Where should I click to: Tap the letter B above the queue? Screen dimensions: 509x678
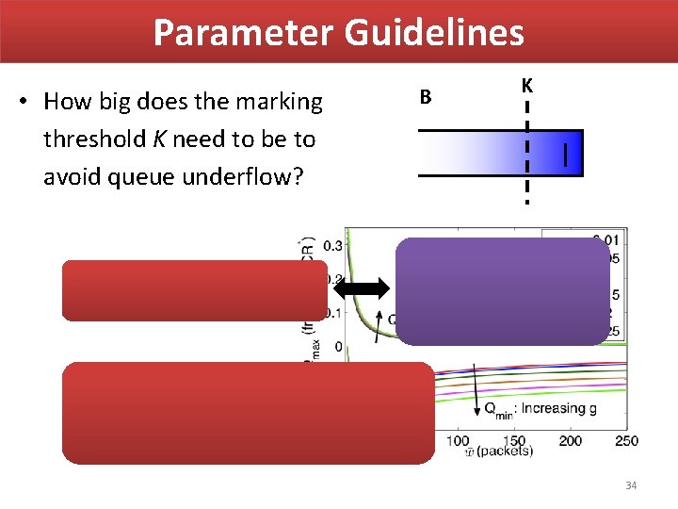point(426,96)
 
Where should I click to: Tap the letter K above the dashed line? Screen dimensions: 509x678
point(526,86)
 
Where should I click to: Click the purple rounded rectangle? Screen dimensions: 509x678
point(502,291)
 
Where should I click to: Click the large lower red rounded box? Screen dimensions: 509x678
point(249,413)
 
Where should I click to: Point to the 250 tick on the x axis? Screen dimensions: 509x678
point(626,441)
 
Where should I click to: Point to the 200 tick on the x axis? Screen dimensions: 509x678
point(571,441)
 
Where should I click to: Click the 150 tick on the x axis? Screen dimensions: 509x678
point(514,441)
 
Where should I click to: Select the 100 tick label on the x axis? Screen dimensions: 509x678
point(458,441)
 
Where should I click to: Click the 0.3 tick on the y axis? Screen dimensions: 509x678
point(332,246)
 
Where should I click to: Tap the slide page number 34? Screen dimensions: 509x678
point(631,485)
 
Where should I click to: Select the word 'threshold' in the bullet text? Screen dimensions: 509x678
point(90,140)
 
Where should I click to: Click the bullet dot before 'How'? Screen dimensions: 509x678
point(28,102)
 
